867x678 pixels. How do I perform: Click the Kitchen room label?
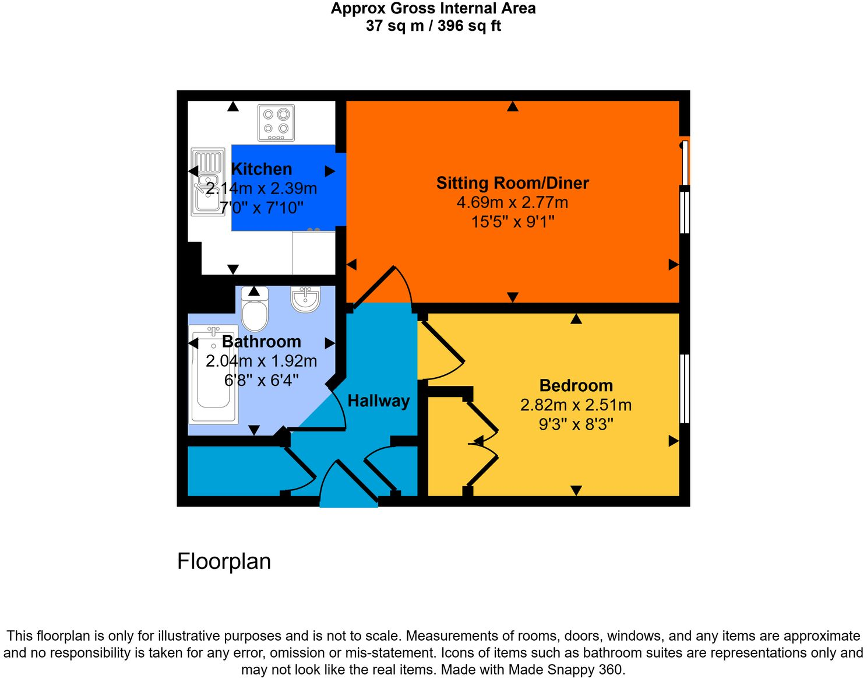[x=261, y=169]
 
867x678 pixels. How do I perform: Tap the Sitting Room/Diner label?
[x=512, y=183]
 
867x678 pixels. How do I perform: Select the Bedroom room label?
[x=576, y=385]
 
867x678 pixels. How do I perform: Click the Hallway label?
[x=378, y=401]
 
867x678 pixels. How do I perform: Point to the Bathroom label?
[x=262, y=342]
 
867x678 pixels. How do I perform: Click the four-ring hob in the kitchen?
[x=276, y=122]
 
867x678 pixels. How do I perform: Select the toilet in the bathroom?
[x=255, y=309]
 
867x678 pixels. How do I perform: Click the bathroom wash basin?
[x=305, y=299]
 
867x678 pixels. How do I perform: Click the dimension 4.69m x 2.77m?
[x=512, y=202]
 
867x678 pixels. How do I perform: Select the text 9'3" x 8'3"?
[x=576, y=424]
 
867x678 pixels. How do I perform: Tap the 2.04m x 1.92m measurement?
[x=262, y=361]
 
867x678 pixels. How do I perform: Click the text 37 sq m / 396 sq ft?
[x=433, y=26]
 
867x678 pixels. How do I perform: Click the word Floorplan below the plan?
[x=224, y=561]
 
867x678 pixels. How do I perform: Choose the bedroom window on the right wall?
[x=685, y=388]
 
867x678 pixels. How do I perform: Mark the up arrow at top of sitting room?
[x=513, y=107]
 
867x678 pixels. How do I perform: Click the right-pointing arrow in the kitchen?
[x=330, y=171]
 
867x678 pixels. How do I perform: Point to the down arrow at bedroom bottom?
[x=576, y=491]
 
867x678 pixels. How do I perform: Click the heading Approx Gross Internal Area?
[x=433, y=9]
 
